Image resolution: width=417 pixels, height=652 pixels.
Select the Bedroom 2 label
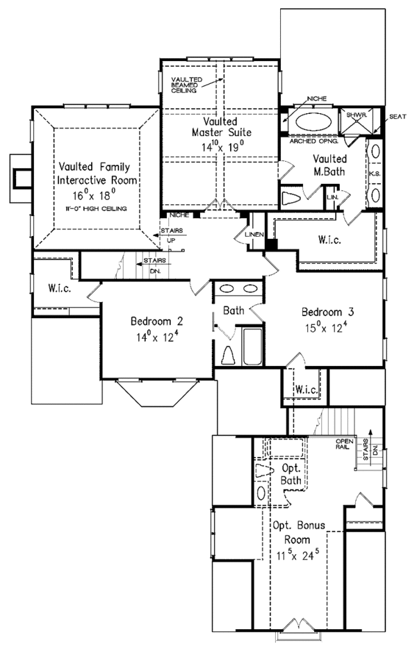[156, 321]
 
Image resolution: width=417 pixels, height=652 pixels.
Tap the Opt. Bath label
[290, 474]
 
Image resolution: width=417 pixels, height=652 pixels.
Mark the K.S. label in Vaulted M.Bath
[374, 172]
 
